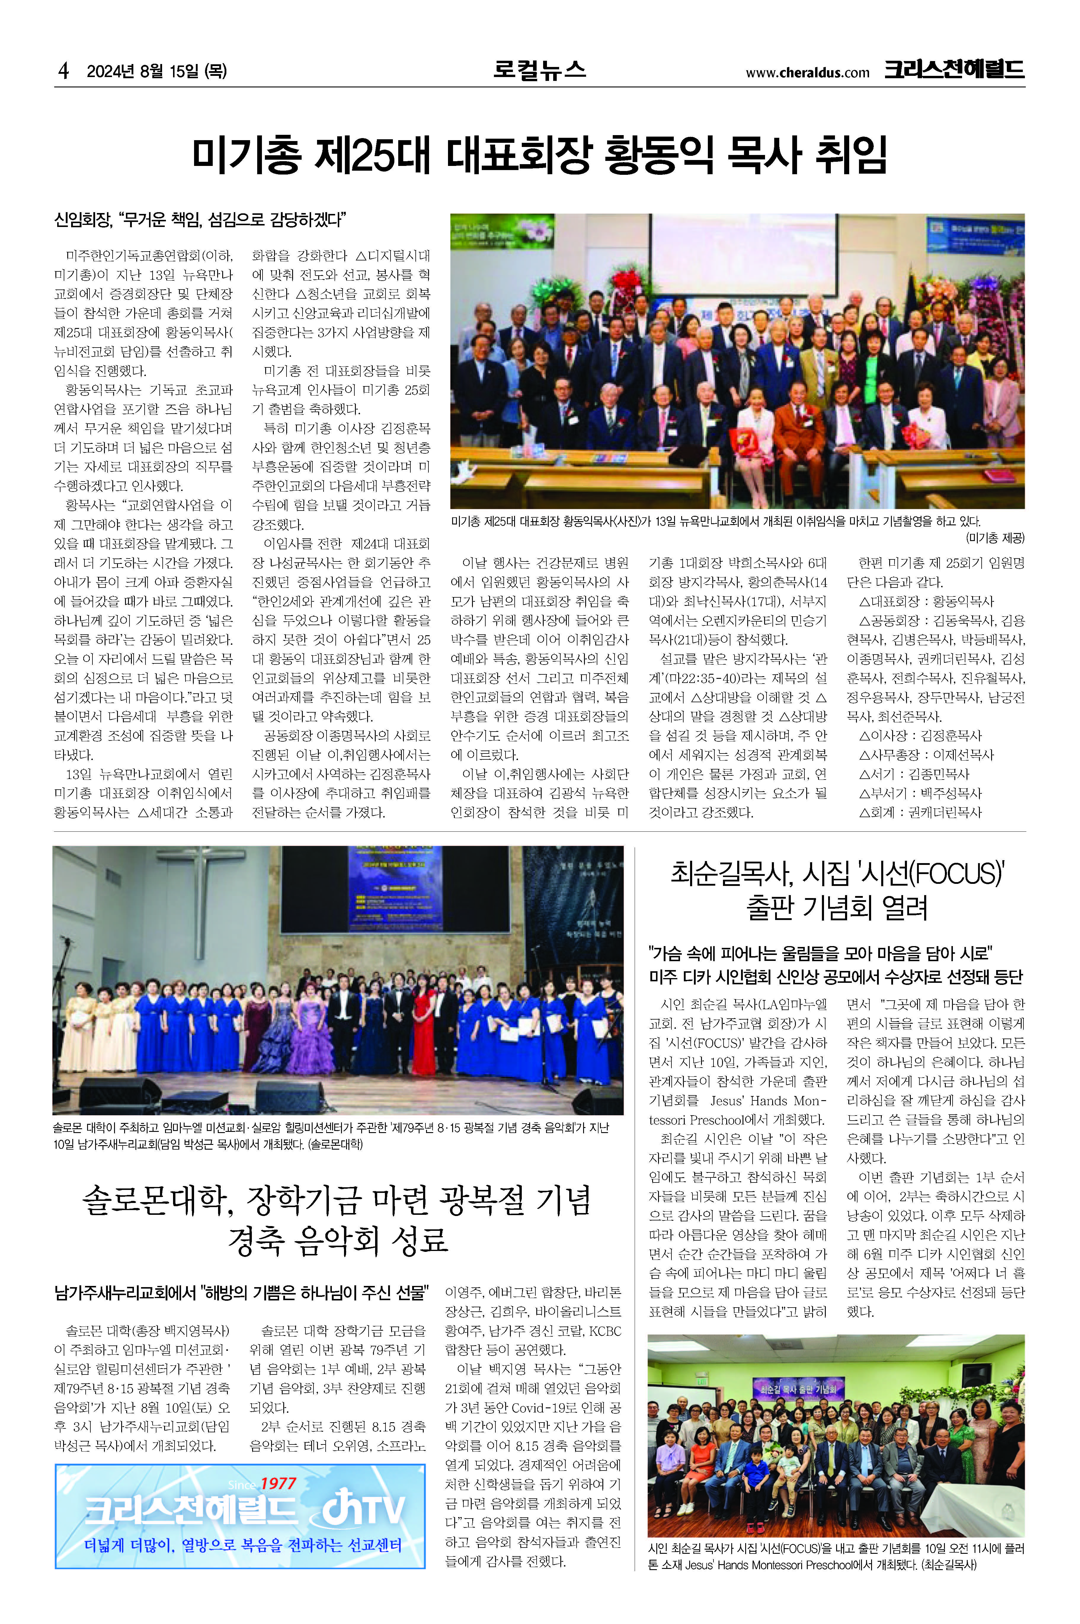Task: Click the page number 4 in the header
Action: coord(63,71)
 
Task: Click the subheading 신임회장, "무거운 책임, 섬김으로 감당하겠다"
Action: coord(200,220)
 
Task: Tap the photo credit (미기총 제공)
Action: coord(995,538)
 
